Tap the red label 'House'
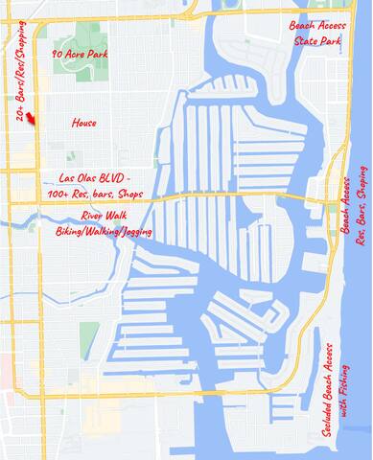pyautogui.click(x=84, y=124)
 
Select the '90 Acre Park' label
pyautogui.click(x=80, y=55)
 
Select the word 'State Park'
pyautogui.click(x=315, y=40)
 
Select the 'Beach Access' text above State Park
pyautogui.click(x=315, y=25)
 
